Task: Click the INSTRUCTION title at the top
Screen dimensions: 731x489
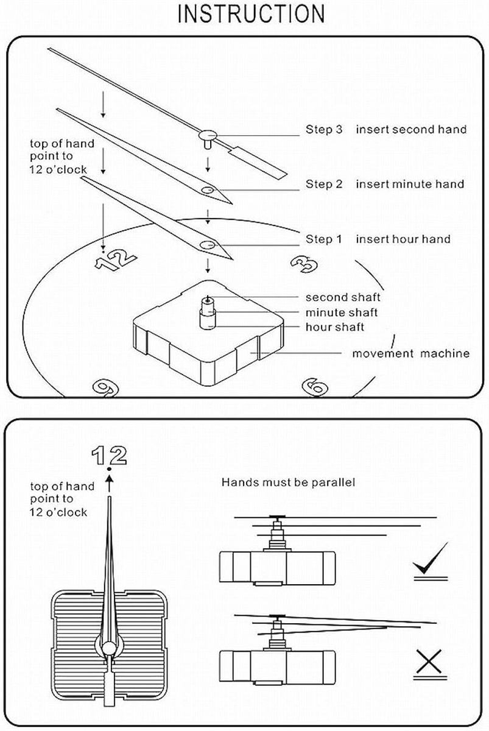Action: pos(250,13)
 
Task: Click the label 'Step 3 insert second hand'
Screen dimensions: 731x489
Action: pos(385,129)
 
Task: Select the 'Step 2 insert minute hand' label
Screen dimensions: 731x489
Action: pos(384,184)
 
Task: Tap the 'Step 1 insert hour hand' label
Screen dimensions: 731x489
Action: pos(378,239)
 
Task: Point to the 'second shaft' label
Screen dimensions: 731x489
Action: pos(342,297)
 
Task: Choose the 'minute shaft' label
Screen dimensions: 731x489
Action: pos(341,313)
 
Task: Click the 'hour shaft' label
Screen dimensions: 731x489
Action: pos(334,327)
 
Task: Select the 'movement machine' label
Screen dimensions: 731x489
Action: pos(411,353)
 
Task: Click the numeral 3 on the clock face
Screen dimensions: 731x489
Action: pos(303,264)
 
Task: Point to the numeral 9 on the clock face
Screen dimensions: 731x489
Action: pos(105,387)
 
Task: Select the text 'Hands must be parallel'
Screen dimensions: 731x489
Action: pos(288,482)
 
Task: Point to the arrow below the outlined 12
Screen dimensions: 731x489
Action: pos(108,484)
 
